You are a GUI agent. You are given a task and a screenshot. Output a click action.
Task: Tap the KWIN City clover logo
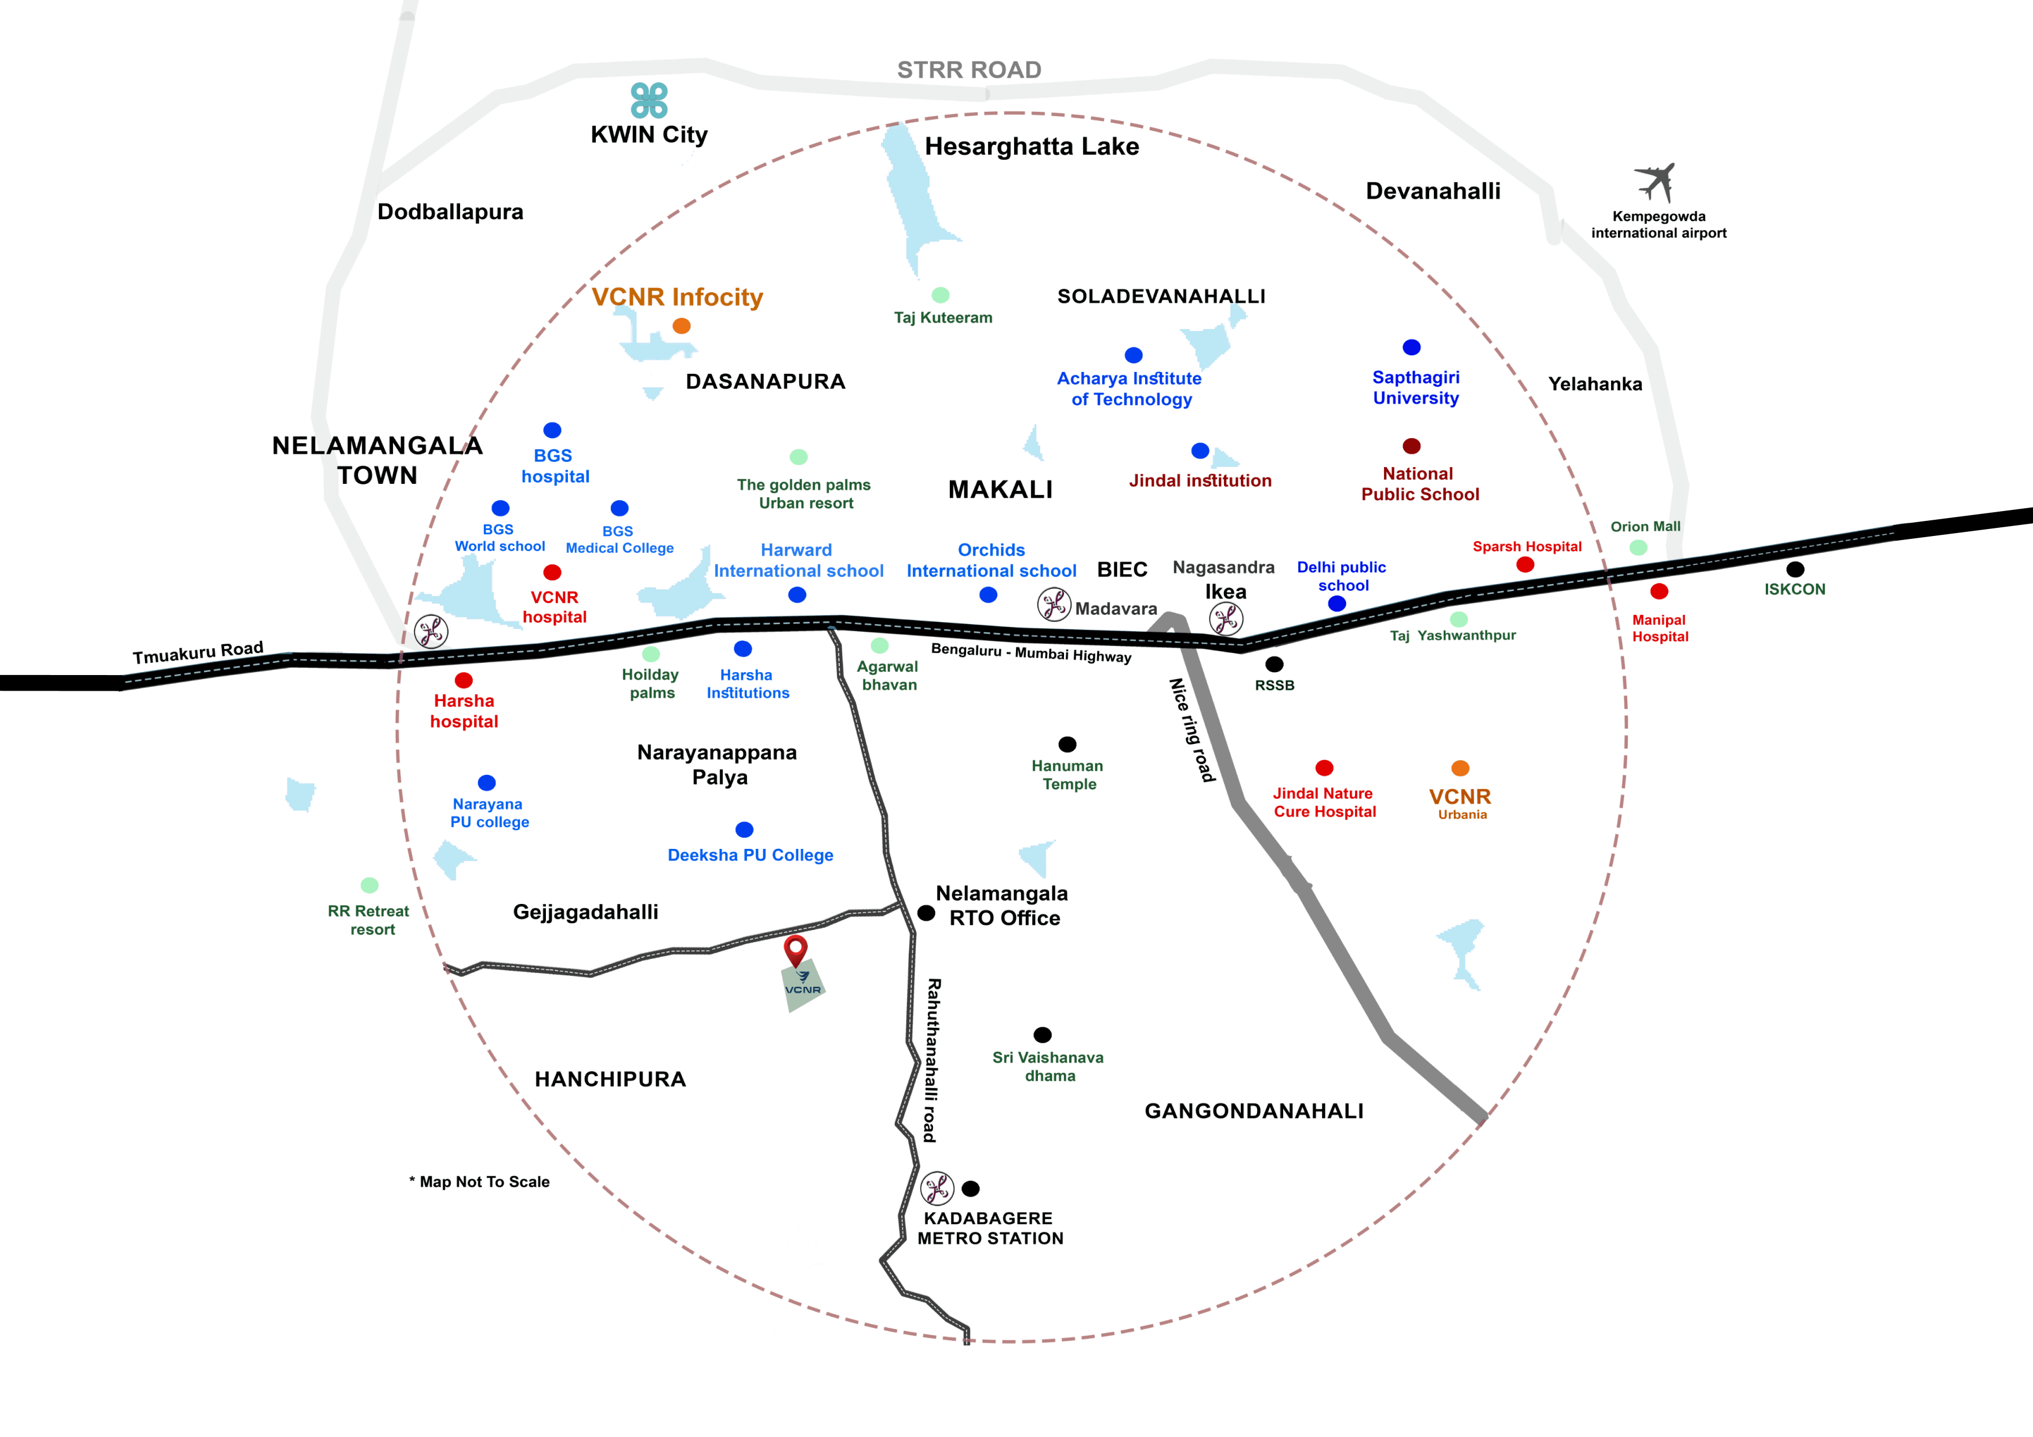tap(649, 100)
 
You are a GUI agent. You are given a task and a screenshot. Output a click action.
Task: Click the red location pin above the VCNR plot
tap(796, 950)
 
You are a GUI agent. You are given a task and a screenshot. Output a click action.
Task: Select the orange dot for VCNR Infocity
tap(681, 326)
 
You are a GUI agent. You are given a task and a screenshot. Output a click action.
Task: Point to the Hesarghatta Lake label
tap(1032, 147)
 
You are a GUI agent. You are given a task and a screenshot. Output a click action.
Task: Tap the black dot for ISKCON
tap(1795, 570)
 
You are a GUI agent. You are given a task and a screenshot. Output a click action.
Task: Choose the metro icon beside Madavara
tap(1054, 606)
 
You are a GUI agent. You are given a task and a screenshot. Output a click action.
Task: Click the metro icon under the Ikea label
tap(1226, 619)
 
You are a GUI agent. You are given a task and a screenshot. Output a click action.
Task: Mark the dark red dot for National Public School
tap(1411, 446)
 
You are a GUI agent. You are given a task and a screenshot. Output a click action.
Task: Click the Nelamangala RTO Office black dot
tap(926, 913)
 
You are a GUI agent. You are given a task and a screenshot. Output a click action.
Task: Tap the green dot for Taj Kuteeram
tap(941, 295)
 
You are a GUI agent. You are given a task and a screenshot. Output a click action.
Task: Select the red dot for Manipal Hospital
tap(1659, 592)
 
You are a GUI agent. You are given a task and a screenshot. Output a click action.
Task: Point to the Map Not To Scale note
tap(480, 1182)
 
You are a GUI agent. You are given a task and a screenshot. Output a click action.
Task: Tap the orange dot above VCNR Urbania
tap(1460, 768)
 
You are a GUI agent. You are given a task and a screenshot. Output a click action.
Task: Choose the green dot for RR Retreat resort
tap(369, 885)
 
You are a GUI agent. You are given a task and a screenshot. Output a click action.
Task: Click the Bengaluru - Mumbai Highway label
tap(1030, 654)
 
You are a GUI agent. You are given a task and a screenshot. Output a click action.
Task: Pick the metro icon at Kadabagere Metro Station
tap(937, 1188)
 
